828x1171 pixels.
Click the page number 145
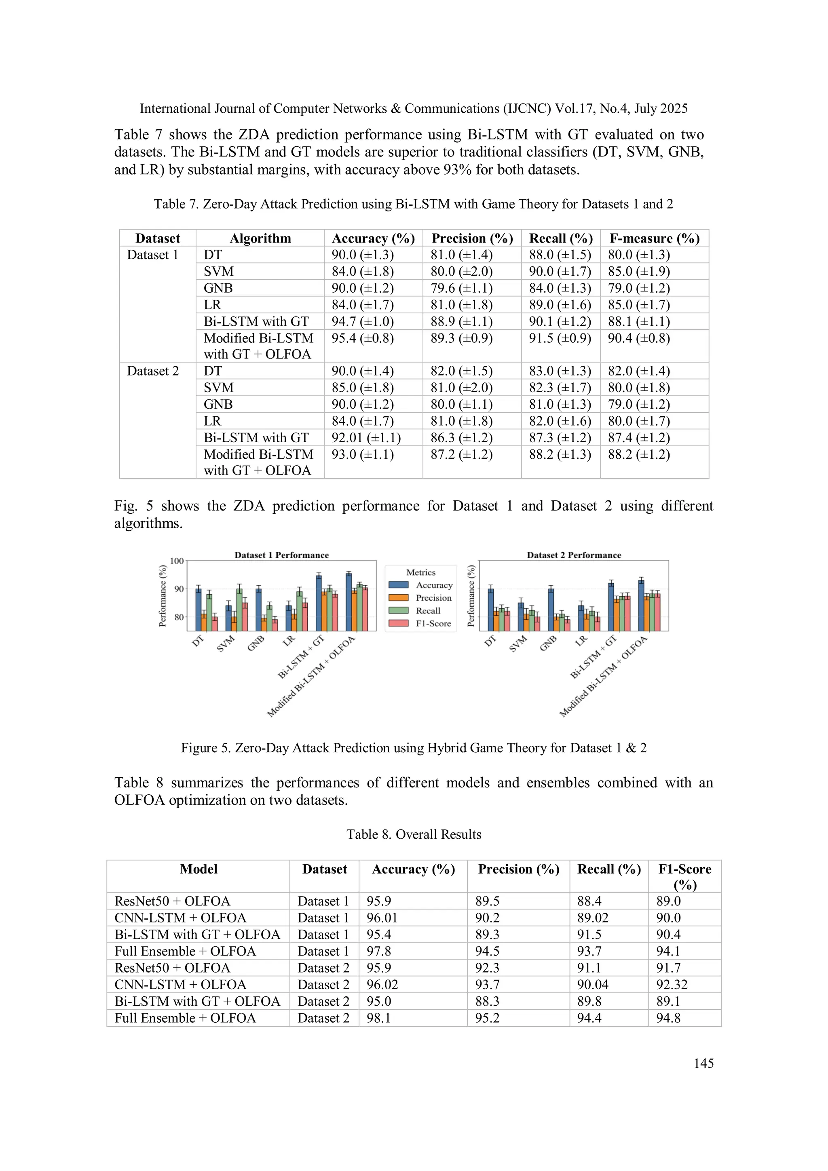tap(703, 1063)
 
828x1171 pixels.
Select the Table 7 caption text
tap(413, 204)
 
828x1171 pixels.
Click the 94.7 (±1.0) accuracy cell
tap(363, 321)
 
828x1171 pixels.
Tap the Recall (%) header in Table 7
tap(560, 238)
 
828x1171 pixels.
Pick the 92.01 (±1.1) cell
tap(366, 438)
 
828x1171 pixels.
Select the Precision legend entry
tap(433, 598)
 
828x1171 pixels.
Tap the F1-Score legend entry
tap(433, 623)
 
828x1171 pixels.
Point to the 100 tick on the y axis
tap(177, 561)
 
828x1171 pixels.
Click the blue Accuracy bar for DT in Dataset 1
tap(199, 610)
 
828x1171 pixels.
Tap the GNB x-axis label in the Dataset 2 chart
tap(548, 643)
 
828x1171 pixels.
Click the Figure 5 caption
tap(413, 748)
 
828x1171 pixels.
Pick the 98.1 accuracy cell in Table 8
tap(378, 1018)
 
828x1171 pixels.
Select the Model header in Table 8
tap(199, 869)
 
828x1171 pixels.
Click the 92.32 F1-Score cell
tap(672, 984)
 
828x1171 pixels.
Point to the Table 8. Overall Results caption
tap(413, 834)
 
